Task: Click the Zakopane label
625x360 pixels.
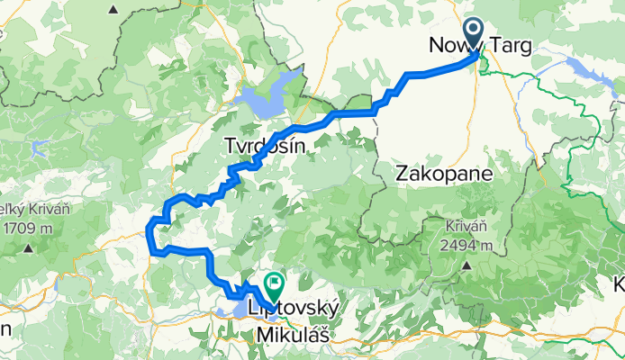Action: click(x=443, y=174)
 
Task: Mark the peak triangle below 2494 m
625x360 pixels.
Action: click(x=467, y=265)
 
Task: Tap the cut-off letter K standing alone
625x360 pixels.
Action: click(x=619, y=284)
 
